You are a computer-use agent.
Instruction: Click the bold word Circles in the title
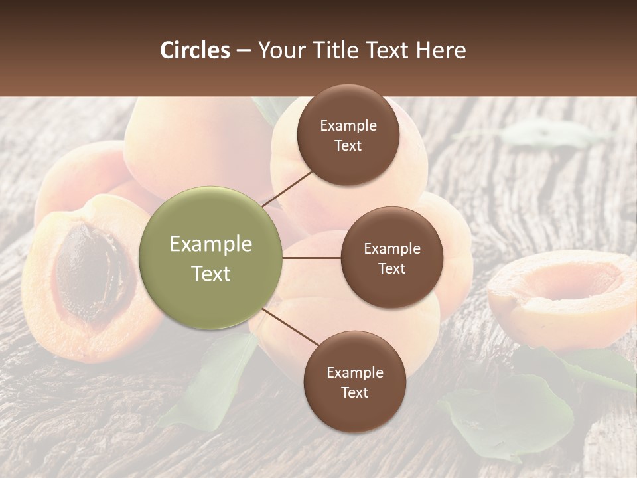click(x=194, y=50)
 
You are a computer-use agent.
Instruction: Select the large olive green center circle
click(x=210, y=258)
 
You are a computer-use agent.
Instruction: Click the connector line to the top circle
click(x=289, y=189)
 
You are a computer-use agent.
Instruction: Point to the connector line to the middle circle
click(x=311, y=258)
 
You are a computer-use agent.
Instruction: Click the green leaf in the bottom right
click(x=511, y=412)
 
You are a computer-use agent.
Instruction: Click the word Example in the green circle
click(x=210, y=244)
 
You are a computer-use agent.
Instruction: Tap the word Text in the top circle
click(x=348, y=146)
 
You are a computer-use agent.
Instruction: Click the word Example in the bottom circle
click(x=354, y=373)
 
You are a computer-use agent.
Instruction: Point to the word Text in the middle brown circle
click(x=391, y=268)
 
